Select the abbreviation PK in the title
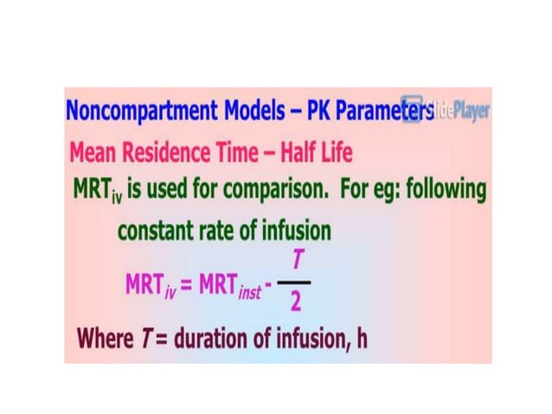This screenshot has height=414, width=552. [x=299, y=113]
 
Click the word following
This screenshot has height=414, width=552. [x=442, y=191]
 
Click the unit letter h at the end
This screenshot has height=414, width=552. [x=361, y=338]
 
